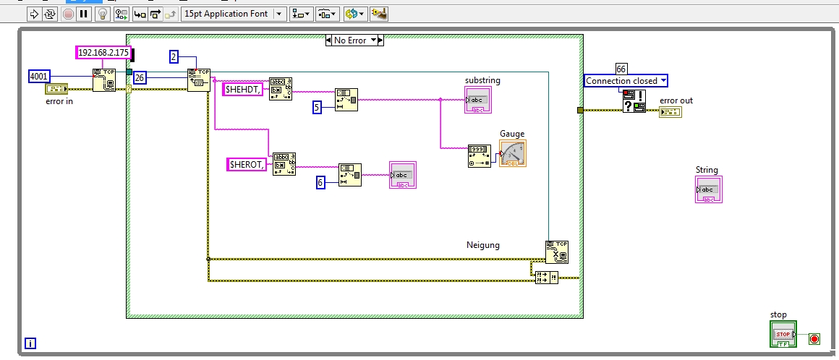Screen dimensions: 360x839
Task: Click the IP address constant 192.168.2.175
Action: click(x=104, y=52)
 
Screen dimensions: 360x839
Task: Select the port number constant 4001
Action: click(x=39, y=76)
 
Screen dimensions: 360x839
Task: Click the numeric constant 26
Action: click(x=140, y=77)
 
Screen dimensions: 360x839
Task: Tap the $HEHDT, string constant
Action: click(x=242, y=89)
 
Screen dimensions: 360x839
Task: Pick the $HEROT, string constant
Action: click(x=246, y=164)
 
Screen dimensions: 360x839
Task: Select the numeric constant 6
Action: click(x=320, y=183)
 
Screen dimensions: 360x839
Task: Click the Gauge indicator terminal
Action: click(x=513, y=153)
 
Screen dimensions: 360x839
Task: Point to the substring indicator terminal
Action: click(x=478, y=100)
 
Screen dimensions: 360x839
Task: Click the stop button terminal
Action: click(x=783, y=334)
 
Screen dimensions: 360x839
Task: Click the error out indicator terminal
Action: click(x=670, y=111)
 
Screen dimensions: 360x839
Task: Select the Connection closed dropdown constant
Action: click(x=626, y=81)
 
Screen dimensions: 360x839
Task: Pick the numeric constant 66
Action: click(x=621, y=68)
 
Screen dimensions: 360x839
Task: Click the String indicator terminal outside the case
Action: click(x=708, y=189)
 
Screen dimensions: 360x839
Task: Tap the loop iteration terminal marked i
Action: click(x=30, y=343)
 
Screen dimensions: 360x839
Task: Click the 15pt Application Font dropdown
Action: click(x=233, y=13)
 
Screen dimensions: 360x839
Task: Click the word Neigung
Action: click(x=483, y=245)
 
